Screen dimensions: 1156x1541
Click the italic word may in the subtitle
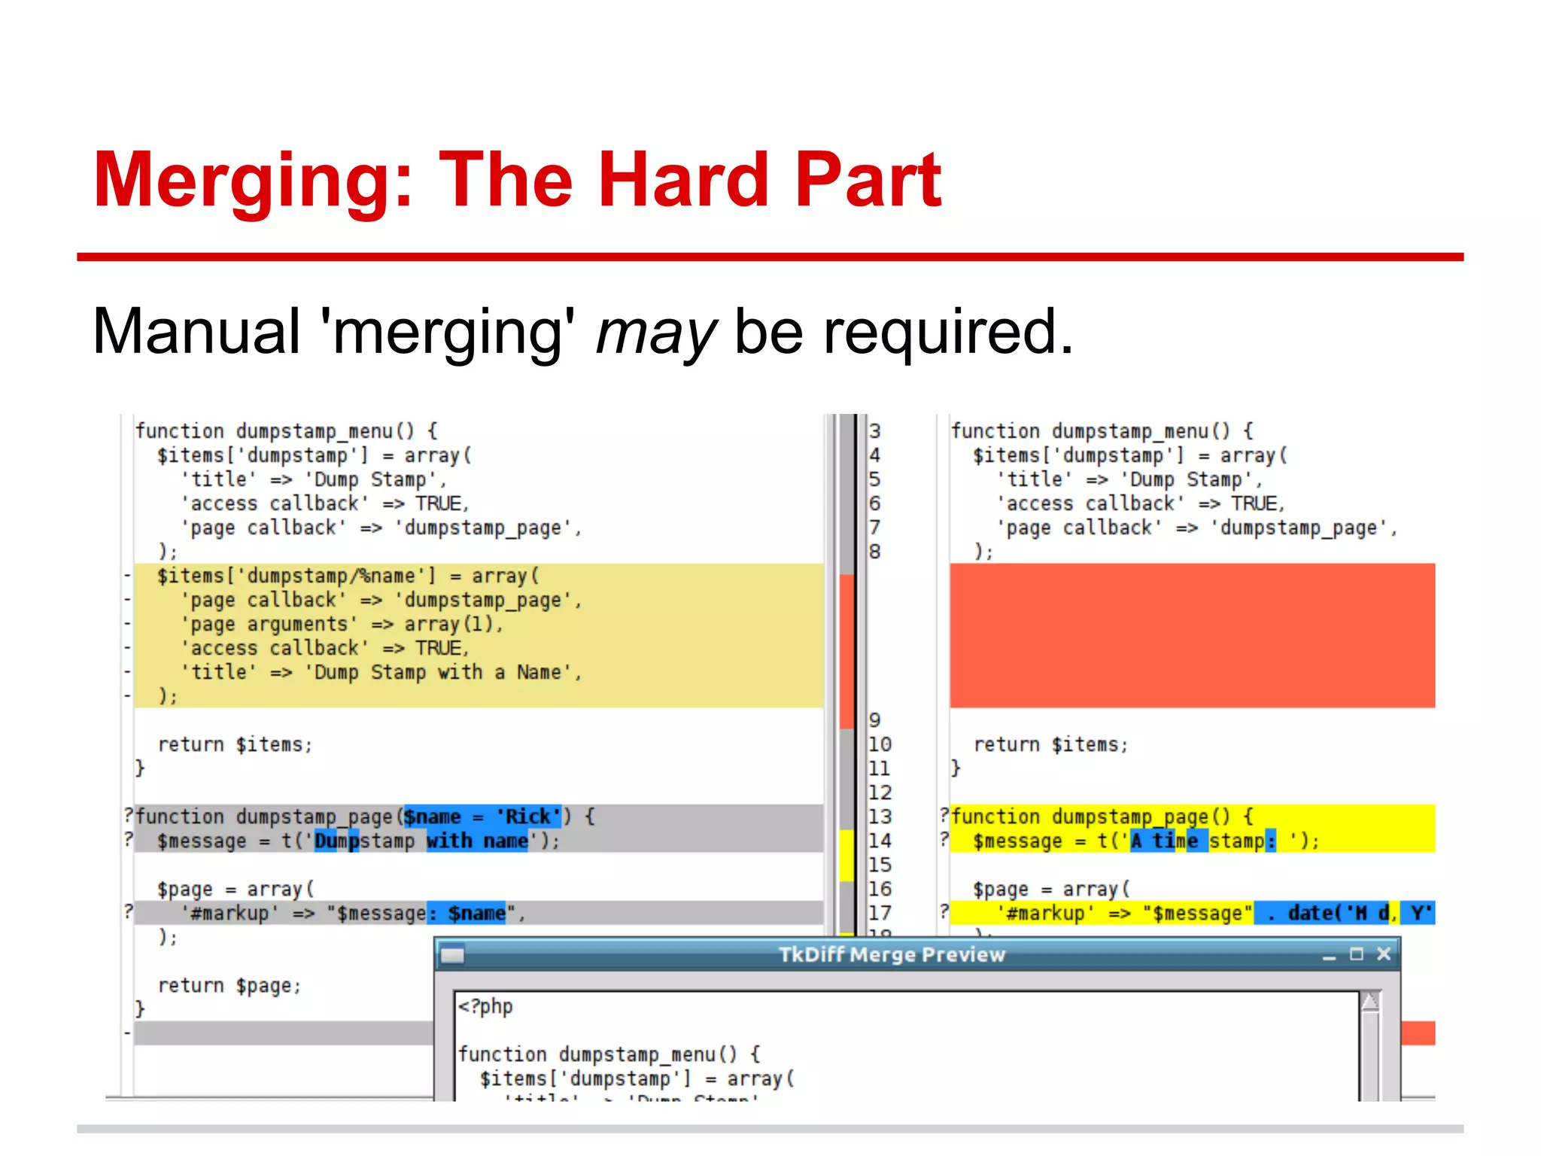point(655,332)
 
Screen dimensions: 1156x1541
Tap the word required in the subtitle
point(947,332)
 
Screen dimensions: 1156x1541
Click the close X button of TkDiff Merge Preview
point(1383,954)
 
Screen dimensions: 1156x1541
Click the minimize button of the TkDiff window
point(1329,955)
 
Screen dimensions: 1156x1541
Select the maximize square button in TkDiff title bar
point(1356,954)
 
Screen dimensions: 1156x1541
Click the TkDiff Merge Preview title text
point(892,954)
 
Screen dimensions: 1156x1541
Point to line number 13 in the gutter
point(880,817)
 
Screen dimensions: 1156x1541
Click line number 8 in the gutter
point(874,552)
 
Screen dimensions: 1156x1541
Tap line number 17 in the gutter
point(880,913)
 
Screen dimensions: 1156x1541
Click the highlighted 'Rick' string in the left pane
point(528,817)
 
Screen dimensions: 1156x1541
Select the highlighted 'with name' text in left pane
point(477,841)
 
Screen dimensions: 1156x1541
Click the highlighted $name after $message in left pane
point(476,913)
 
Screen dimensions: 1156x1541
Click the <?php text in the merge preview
point(486,1006)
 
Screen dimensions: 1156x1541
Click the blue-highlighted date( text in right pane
point(1317,913)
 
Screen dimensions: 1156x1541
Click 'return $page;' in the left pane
point(229,985)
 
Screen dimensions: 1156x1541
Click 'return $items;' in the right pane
point(1050,744)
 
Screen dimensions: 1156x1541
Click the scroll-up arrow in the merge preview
point(1370,1002)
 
